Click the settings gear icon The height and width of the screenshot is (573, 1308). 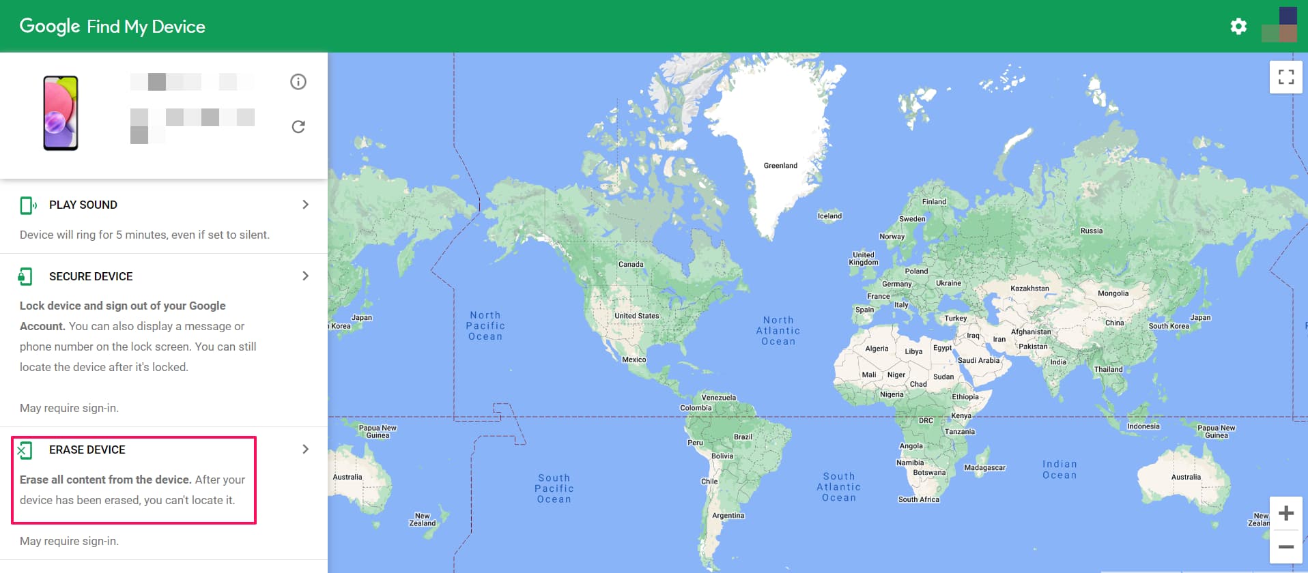pos(1238,27)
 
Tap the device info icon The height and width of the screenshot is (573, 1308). pos(298,82)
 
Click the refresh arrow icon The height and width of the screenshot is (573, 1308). pos(298,127)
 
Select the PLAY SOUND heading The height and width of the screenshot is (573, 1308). pos(83,205)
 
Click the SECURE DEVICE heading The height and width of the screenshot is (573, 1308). pos(91,276)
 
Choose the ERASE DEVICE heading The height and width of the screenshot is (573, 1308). pos(87,450)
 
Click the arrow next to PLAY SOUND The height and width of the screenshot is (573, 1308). pos(305,205)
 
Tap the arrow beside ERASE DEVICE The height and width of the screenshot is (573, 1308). pos(305,449)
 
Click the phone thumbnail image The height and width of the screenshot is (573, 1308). pos(61,113)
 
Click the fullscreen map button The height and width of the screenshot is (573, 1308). pos(1285,77)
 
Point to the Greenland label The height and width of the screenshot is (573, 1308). pos(780,166)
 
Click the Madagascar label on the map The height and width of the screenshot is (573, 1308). pos(984,468)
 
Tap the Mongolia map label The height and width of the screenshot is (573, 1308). pos(1113,293)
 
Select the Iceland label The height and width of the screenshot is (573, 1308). pos(829,216)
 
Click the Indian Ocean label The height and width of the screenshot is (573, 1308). pos(1059,469)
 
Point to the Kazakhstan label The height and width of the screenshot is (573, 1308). pos(1029,289)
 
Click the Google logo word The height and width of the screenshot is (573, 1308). pos(50,27)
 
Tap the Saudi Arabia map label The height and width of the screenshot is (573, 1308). pos(978,360)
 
